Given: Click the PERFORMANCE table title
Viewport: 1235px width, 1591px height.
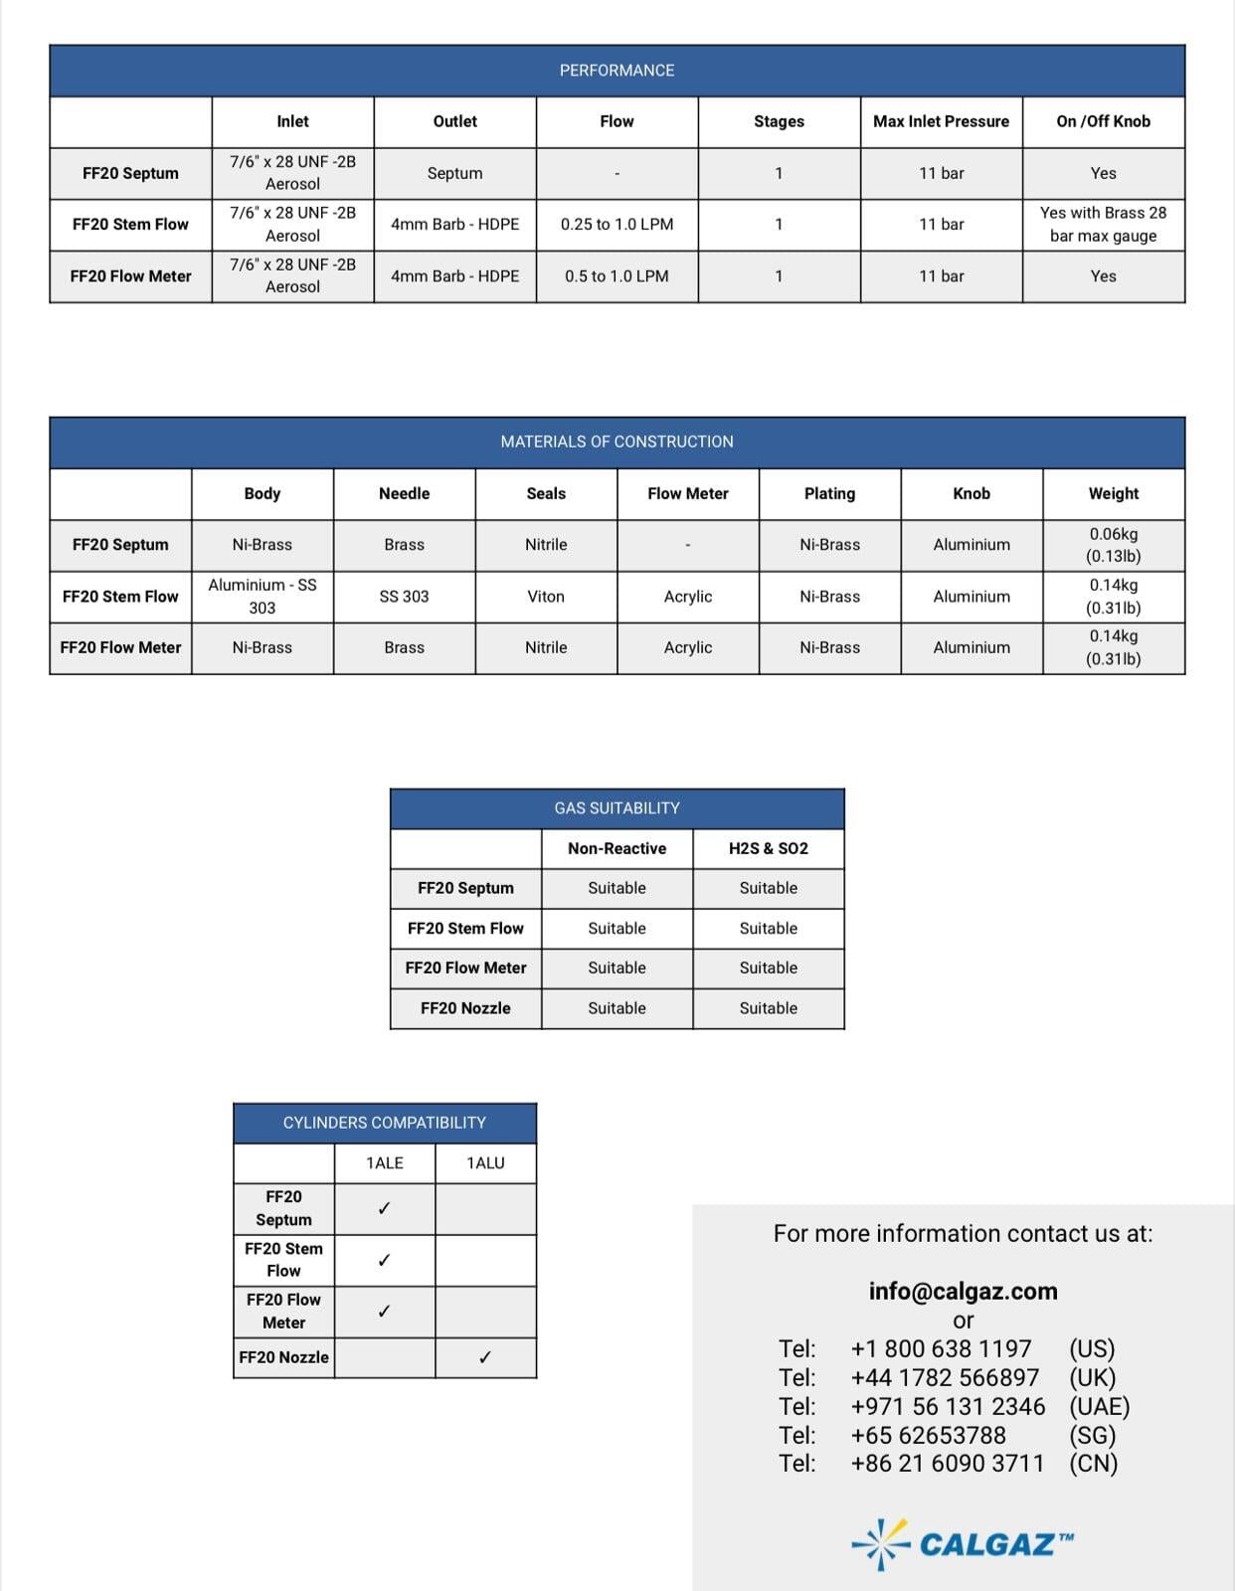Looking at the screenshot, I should pyautogui.click(x=617, y=71).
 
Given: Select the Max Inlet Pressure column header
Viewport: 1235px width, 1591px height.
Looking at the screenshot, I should pyautogui.click(x=941, y=121).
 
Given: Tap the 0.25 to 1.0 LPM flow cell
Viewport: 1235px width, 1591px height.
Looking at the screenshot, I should pyautogui.click(x=617, y=225).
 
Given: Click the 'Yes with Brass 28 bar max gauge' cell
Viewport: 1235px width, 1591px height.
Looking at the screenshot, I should pyautogui.click(x=1103, y=225).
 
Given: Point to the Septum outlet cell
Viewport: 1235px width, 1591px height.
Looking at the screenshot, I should pyautogui.click(x=454, y=173).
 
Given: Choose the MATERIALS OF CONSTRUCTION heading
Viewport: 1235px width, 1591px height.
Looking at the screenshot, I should pyautogui.click(x=617, y=442).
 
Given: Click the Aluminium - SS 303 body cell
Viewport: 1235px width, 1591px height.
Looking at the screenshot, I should pyautogui.click(x=263, y=597).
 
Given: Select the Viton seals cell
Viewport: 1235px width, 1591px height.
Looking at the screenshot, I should pyautogui.click(x=546, y=597).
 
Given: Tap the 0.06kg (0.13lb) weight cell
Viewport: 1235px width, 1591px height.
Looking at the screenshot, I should pyautogui.click(x=1113, y=545).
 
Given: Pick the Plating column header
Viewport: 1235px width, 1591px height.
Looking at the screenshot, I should pyautogui.click(x=829, y=493).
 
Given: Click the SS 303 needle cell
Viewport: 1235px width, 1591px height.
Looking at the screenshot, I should pyautogui.click(x=404, y=597).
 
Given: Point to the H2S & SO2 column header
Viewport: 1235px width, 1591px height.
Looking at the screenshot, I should pyautogui.click(x=768, y=848).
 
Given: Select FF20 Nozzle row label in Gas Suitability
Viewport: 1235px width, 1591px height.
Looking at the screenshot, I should pyautogui.click(x=465, y=1008).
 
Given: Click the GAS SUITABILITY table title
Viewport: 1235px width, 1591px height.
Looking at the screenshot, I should pyautogui.click(x=617, y=808).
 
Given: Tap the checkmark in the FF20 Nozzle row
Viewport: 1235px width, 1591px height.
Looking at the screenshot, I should pyautogui.click(x=485, y=1357).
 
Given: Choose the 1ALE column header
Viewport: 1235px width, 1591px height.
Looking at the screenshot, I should pyautogui.click(x=385, y=1163).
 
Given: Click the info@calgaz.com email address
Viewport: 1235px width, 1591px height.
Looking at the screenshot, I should pyautogui.click(x=963, y=1291).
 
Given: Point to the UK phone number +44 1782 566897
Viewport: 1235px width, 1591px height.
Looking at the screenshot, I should pyautogui.click(x=945, y=1377).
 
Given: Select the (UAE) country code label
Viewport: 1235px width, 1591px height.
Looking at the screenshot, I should pyautogui.click(x=1099, y=1406).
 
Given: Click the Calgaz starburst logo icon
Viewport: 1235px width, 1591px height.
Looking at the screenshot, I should pyautogui.click(x=881, y=1543).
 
